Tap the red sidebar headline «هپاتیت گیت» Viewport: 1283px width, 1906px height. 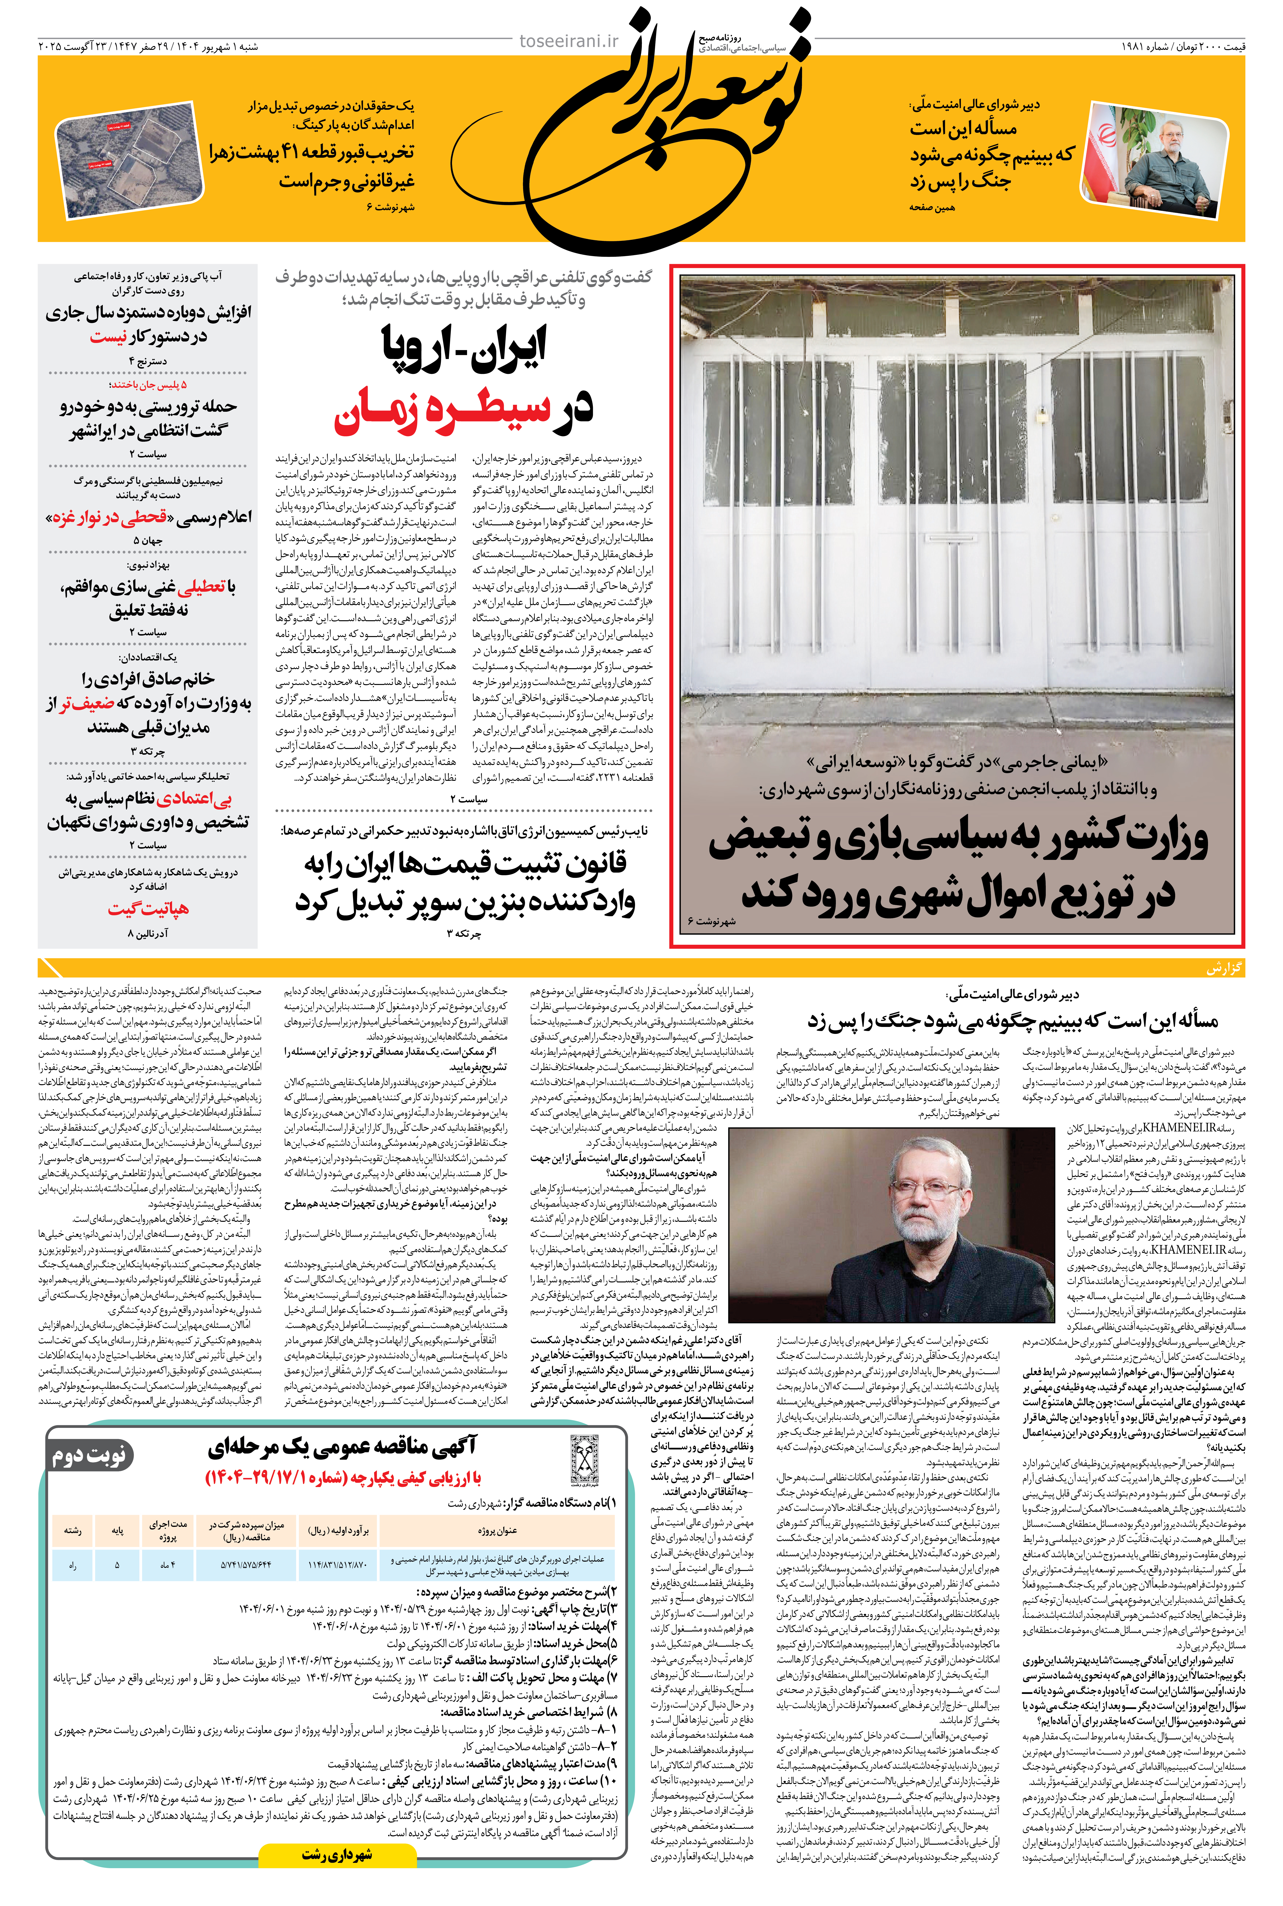[148, 909]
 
